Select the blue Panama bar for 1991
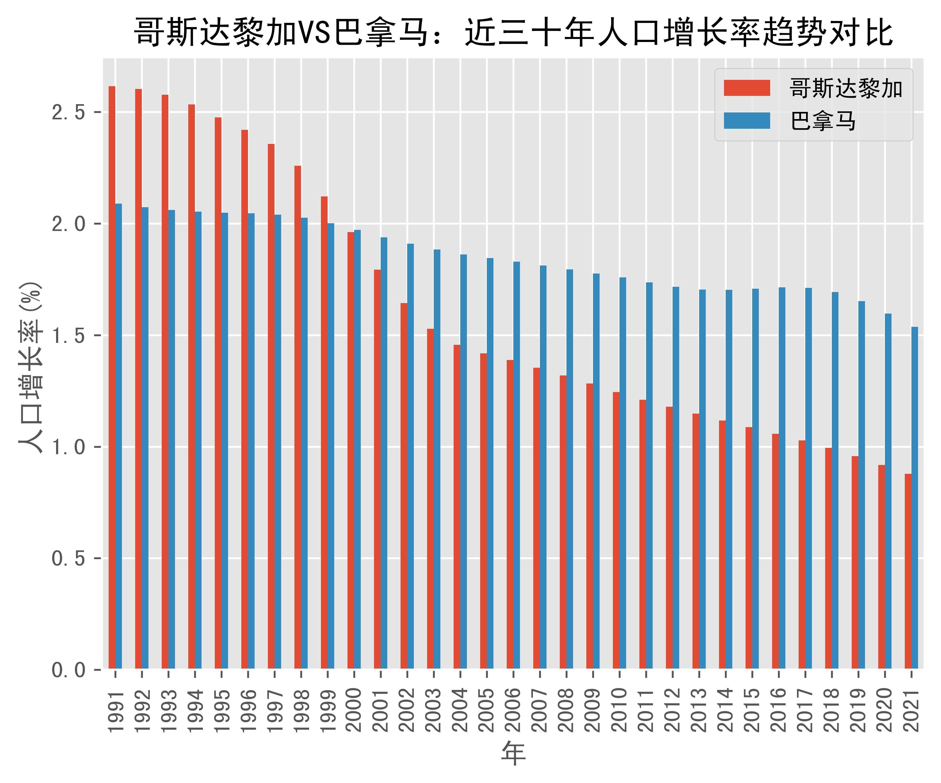(x=119, y=437)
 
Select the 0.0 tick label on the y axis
(x=68, y=670)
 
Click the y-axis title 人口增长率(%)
(x=30, y=367)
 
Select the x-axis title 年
(x=513, y=753)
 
